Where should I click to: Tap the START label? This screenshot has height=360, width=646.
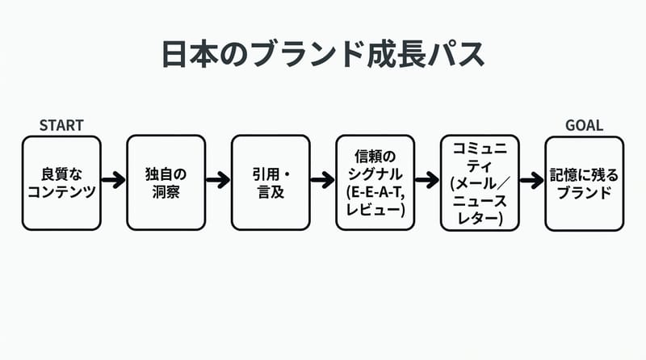pos(61,125)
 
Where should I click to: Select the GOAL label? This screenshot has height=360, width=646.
pos(584,125)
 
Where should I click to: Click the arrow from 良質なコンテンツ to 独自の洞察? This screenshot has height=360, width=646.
pos(114,180)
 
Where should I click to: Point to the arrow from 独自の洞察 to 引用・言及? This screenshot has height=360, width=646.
pos(218,180)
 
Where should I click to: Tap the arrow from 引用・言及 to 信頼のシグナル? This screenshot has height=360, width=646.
pos(323,180)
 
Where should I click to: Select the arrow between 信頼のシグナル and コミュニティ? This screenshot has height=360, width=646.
pos(427,180)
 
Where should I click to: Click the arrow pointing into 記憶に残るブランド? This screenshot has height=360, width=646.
pos(532,180)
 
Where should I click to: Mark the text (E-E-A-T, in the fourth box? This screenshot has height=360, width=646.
pos(375,194)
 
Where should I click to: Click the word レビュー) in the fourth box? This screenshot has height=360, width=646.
pos(375,211)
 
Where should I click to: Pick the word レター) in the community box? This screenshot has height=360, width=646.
pos(480,219)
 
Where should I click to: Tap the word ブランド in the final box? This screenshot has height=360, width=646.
pos(584,193)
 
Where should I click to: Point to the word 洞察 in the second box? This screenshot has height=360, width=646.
pos(166,193)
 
